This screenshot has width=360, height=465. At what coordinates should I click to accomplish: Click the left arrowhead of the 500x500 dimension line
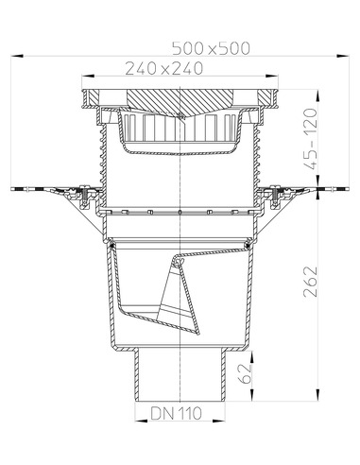point(17,54)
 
